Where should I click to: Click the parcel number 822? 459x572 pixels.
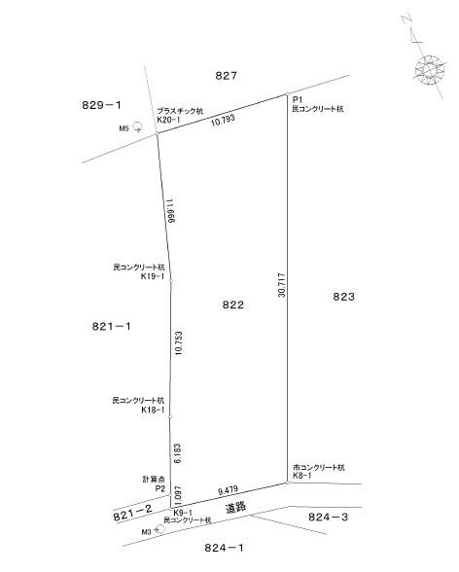[233, 304]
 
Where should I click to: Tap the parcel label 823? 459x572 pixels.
[344, 297]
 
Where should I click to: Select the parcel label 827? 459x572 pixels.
[226, 76]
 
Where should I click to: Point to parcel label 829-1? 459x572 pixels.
[101, 105]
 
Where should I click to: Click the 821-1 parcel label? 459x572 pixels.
[112, 326]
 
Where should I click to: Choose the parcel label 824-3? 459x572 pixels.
[328, 517]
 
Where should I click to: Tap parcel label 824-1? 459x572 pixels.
[224, 547]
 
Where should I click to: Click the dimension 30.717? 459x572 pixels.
[282, 285]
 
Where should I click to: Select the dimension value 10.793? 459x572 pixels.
[223, 121]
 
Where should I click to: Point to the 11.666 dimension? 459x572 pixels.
[170, 211]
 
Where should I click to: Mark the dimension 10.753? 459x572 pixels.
[179, 342]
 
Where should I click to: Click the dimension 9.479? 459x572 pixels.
[228, 490]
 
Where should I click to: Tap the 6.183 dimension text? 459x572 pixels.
[178, 453]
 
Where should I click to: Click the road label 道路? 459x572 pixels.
[235, 508]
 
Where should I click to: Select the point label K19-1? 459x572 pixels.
[153, 276]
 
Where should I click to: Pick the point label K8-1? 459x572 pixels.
[301, 476]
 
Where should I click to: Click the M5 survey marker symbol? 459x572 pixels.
[137, 126]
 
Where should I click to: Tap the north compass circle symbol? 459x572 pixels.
[431, 70]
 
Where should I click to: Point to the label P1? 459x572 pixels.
[298, 100]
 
